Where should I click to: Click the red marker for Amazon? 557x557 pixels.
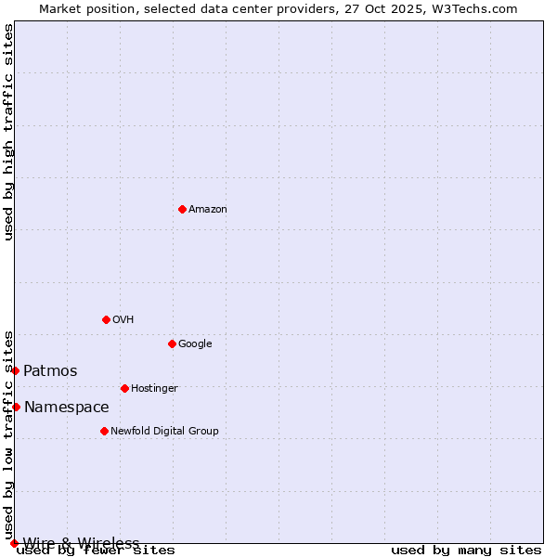182,209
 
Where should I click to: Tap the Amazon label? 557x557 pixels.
208,210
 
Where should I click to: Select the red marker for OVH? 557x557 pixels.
106,319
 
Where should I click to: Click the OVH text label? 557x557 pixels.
123,320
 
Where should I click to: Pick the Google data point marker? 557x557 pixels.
172,343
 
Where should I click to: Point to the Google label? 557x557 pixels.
195,344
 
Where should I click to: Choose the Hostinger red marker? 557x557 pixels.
124,388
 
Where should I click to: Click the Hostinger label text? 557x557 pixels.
154,389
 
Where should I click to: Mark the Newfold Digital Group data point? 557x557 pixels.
104,431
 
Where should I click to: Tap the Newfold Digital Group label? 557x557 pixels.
164,432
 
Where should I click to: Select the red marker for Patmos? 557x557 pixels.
15,370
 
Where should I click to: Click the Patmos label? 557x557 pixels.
50,371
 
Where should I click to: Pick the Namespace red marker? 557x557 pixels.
16,407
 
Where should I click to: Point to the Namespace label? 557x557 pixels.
66,408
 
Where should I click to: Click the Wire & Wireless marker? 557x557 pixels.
14,543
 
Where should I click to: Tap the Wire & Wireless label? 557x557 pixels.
81,543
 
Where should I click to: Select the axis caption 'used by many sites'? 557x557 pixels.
466,551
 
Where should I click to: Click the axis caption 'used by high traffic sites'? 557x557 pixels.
9,132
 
